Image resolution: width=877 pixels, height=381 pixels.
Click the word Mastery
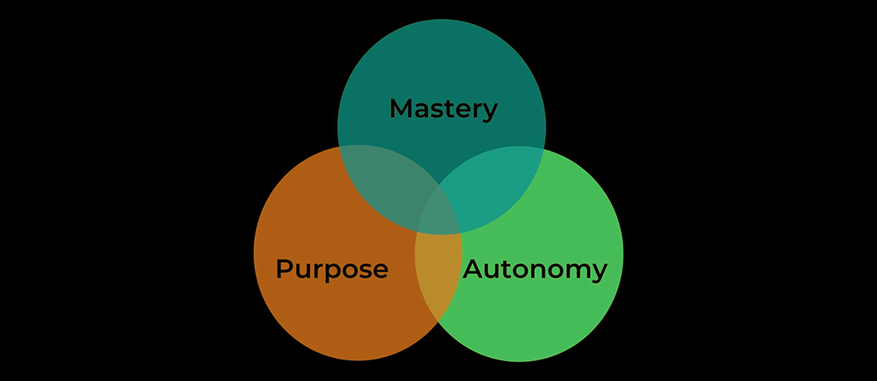(443, 108)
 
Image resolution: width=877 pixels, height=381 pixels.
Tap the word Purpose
(332, 269)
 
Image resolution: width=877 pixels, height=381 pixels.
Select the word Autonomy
(535, 269)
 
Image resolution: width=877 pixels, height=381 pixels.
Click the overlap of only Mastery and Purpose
(381, 182)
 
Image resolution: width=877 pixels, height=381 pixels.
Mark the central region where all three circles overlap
(439, 214)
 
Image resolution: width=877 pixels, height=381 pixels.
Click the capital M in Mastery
(400, 108)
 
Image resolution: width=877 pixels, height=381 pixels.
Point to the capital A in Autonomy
(474, 269)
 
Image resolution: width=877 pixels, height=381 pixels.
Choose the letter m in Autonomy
(577, 271)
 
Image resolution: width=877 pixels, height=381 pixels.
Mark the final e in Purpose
(380, 271)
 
